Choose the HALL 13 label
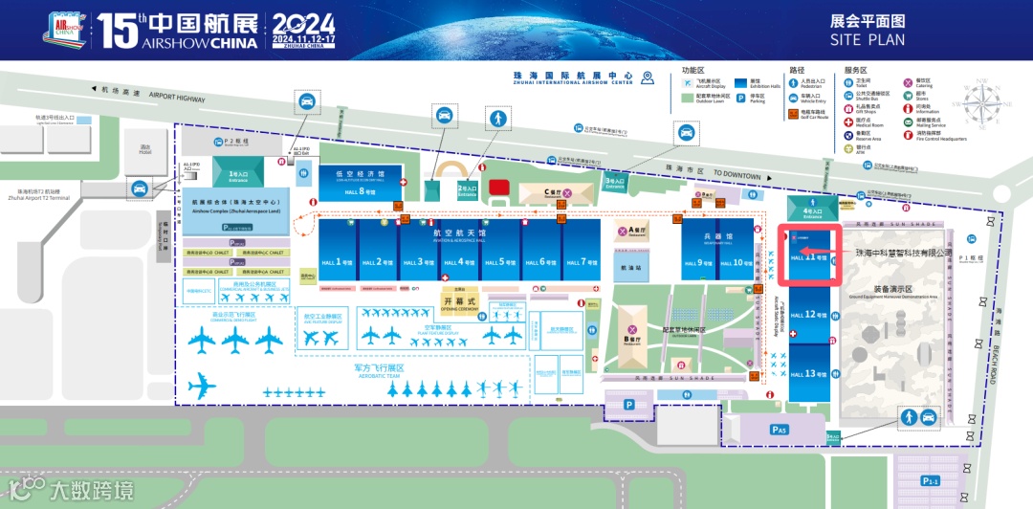click(x=808, y=374)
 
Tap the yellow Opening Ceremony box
click(x=459, y=301)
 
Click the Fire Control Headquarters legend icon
click(x=908, y=137)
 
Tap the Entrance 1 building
click(x=238, y=176)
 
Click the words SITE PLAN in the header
click(x=867, y=40)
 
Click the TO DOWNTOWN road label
click(x=736, y=177)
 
